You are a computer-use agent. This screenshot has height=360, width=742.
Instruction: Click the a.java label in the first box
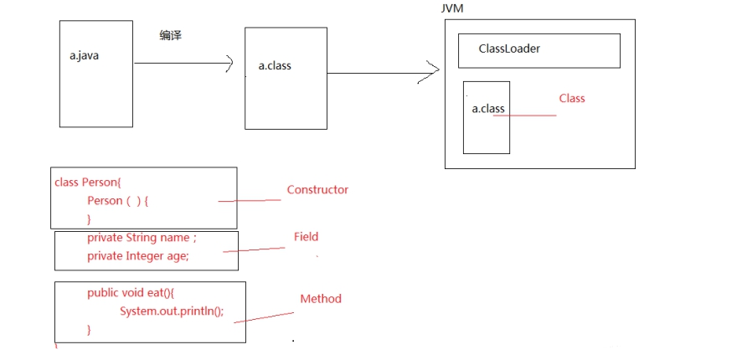[x=85, y=56]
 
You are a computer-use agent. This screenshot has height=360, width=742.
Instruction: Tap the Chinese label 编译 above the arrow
[x=171, y=35]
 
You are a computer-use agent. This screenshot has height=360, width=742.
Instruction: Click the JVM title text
[x=453, y=8]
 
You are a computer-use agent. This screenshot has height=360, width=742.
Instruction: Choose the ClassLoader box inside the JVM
[x=538, y=50]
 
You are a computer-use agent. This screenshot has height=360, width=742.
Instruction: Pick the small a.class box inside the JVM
[x=487, y=117]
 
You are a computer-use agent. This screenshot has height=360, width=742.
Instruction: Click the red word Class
[x=572, y=98]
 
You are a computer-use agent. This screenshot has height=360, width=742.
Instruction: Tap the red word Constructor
[x=317, y=189]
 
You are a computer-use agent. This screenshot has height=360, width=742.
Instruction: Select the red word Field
[x=306, y=237]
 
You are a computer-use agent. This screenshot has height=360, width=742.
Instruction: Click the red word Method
[x=321, y=298]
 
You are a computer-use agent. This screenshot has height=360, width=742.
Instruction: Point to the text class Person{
[x=88, y=182]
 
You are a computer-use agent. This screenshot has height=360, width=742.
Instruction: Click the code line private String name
[x=141, y=238]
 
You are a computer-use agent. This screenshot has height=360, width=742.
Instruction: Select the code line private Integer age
[x=137, y=256]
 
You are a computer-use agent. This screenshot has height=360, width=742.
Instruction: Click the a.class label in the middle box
[x=275, y=64]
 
